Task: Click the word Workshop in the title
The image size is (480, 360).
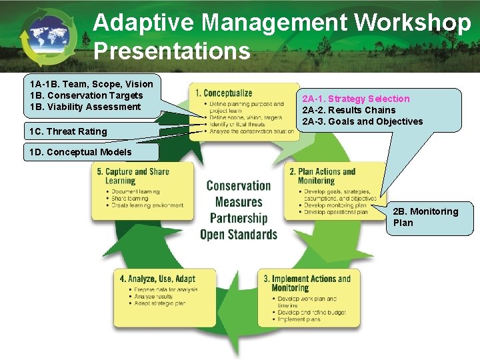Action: tap(412, 23)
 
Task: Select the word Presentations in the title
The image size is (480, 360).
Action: tap(172, 51)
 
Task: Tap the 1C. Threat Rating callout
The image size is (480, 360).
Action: tap(69, 131)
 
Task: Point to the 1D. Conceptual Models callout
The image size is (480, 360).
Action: tap(81, 152)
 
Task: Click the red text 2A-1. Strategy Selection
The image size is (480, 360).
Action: tap(356, 99)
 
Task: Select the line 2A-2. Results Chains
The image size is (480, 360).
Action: tap(349, 110)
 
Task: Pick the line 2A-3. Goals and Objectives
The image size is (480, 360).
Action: tap(362, 121)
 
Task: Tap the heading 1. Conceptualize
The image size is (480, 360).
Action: tap(223, 93)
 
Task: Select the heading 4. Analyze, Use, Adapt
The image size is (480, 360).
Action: tap(157, 279)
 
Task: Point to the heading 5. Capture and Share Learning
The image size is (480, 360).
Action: tap(133, 176)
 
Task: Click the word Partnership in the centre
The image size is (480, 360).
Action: tap(238, 218)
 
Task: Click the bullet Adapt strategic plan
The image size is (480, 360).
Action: tap(160, 303)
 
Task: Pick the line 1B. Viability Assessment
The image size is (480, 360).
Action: tap(85, 107)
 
